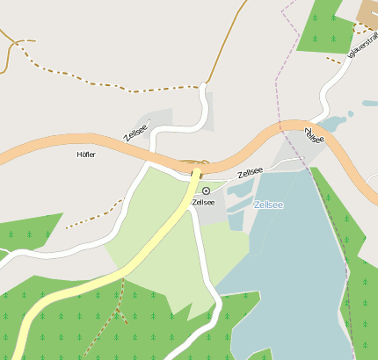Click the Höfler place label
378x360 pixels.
pyautogui.click(x=86, y=155)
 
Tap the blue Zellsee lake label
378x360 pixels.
pyautogui.click(x=268, y=205)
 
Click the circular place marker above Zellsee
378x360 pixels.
pyautogui.click(x=207, y=191)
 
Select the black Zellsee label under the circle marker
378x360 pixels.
pyautogui.click(x=203, y=202)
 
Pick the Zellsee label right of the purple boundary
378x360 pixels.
pyautogui.click(x=314, y=136)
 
